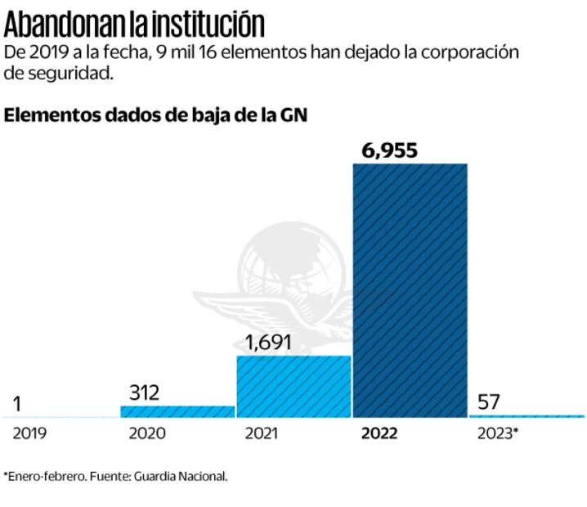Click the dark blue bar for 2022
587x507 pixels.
410,290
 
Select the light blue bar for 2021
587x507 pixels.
293,387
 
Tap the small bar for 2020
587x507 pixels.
177,411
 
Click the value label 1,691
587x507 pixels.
268,343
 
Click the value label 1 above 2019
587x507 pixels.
17,403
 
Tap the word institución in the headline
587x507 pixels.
209,24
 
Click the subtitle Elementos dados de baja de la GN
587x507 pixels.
155,115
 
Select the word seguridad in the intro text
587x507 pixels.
69,74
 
